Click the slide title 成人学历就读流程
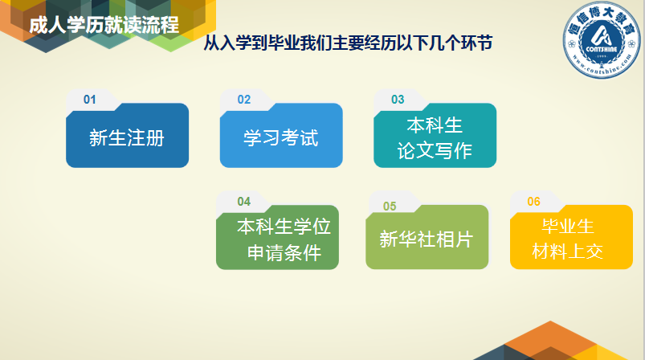point(104,25)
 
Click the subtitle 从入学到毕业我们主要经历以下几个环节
point(348,43)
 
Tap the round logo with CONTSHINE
point(602,39)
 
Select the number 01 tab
point(90,100)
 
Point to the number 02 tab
point(244,100)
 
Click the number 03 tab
point(398,100)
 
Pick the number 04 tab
point(244,202)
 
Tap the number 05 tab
point(390,207)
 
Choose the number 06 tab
point(534,202)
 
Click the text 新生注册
point(127,138)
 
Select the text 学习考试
point(280,138)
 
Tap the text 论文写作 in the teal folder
point(435,150)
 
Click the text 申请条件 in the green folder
point(284,252)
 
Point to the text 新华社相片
point(427,239)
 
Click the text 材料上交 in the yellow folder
point(568,252)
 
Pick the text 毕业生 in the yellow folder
point(568,226)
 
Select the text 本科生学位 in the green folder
point(284,227)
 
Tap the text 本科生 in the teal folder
point(435,125)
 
